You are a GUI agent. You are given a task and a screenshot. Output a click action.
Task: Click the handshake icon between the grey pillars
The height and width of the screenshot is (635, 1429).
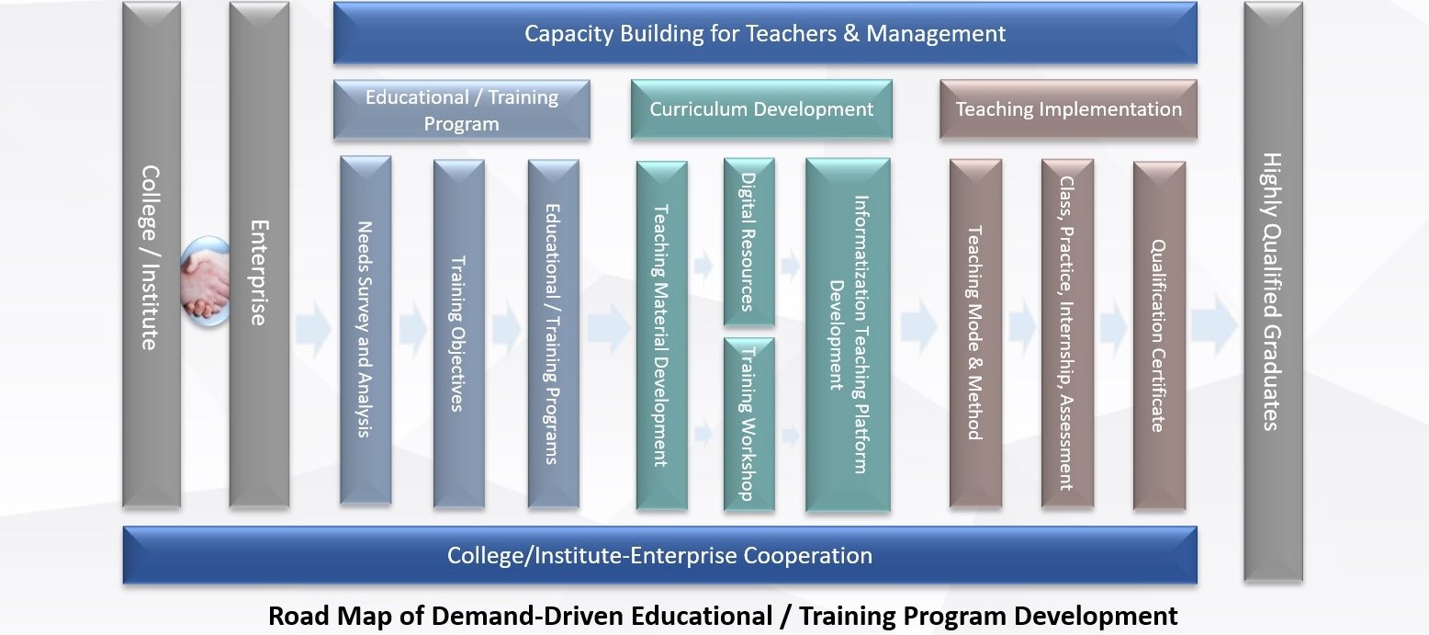tap(205, 281)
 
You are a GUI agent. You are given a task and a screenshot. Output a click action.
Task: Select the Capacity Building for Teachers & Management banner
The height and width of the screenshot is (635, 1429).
tap(765, 33)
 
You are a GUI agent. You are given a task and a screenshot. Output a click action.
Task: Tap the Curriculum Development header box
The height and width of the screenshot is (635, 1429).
tap(761, 109)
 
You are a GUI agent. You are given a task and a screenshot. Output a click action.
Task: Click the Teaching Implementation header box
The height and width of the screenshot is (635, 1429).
tap(1068, 109)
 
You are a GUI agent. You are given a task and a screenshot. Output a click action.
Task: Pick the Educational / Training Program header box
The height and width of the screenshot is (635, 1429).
tap(461, 109)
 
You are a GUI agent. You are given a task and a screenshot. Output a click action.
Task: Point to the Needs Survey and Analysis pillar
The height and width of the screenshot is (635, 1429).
tap(366, 331)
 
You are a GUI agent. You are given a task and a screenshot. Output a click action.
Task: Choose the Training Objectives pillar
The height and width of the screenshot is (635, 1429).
tap(458, 334)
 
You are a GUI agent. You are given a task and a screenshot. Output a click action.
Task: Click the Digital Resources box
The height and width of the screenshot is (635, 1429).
tap(749, 242)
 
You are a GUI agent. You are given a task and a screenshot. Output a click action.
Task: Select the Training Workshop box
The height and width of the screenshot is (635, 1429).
tap(749, 425)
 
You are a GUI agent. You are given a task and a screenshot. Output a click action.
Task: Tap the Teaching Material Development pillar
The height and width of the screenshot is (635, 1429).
tap(661, 335)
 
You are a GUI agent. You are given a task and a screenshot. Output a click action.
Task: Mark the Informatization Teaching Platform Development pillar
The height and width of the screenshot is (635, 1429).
tap(848, 335)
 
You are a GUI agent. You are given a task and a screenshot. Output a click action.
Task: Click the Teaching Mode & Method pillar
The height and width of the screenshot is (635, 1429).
tap(975, 334)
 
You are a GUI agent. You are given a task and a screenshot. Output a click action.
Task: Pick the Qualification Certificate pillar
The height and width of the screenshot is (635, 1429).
tap(1159, 335)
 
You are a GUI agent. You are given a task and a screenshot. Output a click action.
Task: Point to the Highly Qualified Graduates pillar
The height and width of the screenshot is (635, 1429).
tap(1274, 291)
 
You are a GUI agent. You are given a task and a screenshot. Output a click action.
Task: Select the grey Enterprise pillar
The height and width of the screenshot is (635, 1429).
tap(259, 255)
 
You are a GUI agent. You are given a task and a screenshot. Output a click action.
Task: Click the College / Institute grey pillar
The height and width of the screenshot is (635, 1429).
tap(152, 255)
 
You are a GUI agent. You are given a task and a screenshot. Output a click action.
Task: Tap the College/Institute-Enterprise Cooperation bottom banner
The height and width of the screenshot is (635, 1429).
tap(659, 555)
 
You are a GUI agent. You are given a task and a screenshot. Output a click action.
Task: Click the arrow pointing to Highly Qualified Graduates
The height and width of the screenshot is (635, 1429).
tap(1214, 326)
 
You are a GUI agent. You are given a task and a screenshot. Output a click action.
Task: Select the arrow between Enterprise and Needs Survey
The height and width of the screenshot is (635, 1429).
tap(313, 329)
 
